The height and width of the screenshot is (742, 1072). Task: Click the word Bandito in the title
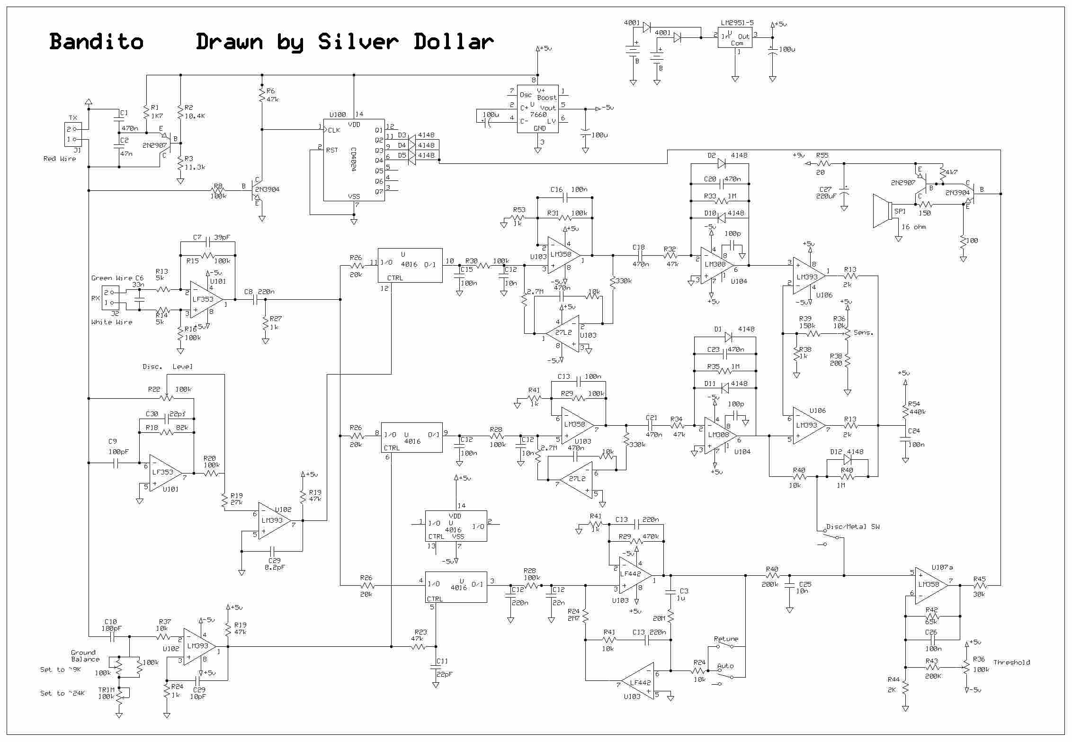point(96,42)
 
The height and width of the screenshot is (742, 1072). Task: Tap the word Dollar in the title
point(454,42)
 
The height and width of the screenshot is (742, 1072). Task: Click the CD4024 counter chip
point(354,160)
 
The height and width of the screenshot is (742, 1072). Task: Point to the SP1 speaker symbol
point(883,211)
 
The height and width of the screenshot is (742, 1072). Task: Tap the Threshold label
point(1011,662)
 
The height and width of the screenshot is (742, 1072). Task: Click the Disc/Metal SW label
point(853,527)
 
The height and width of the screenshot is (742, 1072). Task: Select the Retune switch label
point(726,639)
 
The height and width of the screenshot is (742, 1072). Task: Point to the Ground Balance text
point(85,656)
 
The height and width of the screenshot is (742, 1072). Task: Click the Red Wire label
point(60,159)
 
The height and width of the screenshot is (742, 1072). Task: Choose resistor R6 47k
point(261,95)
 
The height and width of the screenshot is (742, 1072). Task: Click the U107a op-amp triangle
point(931,585)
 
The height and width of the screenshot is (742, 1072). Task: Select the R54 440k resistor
point(905,411)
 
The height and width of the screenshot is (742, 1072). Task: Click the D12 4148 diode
point(848,459)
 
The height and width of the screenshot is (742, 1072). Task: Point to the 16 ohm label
point(913,227)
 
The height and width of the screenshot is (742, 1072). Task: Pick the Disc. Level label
point(168,367)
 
